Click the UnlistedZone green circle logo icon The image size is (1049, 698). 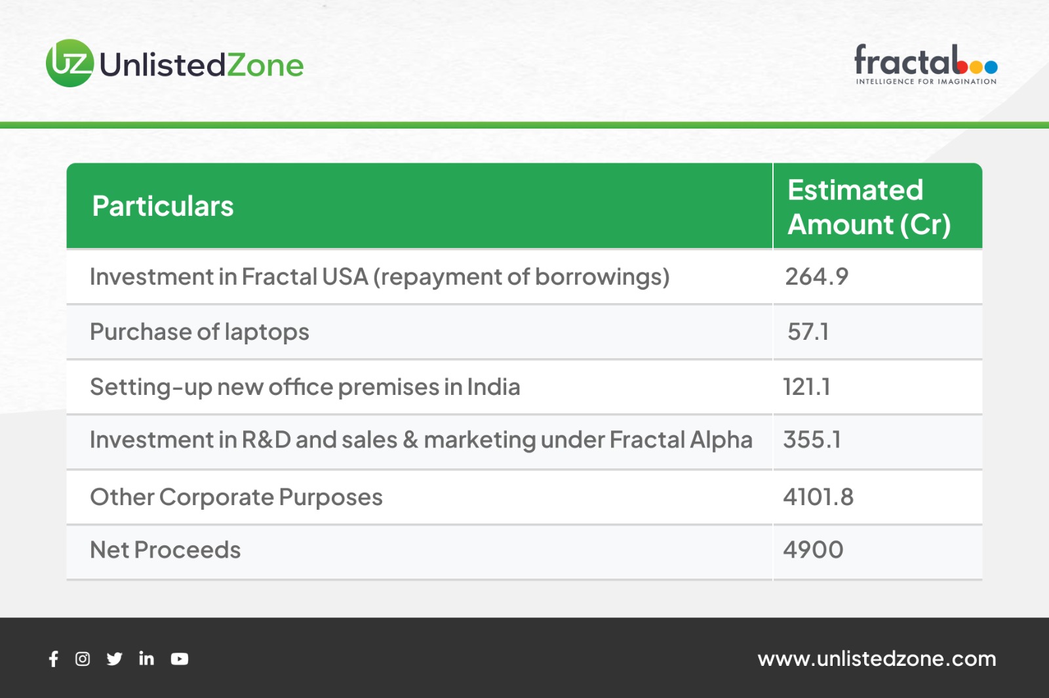[69, 63]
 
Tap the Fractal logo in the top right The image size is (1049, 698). [926, 64]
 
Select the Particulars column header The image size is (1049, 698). [163, 206]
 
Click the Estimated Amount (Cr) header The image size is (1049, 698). [869, 207]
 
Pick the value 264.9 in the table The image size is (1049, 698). [817, 276]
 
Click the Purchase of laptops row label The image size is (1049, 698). [199, 333]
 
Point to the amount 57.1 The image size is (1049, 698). [808, 332]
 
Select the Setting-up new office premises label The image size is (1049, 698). [305, 388]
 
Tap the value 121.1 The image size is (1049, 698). [806, 387]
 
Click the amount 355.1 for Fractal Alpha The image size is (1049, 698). [812, 440]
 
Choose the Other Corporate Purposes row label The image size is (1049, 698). [236, 497]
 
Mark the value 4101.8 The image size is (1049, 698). [819, 497]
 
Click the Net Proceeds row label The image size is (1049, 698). [165, 550]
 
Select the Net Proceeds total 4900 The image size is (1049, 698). [814, 550]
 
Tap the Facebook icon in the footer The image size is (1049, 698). [53, 659]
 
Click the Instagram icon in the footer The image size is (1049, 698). [83, 659]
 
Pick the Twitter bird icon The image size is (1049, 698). [114, 659]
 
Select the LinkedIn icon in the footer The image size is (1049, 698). [146, 658]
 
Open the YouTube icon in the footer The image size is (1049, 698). [180, 659]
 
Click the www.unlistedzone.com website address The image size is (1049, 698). [877, 659]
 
